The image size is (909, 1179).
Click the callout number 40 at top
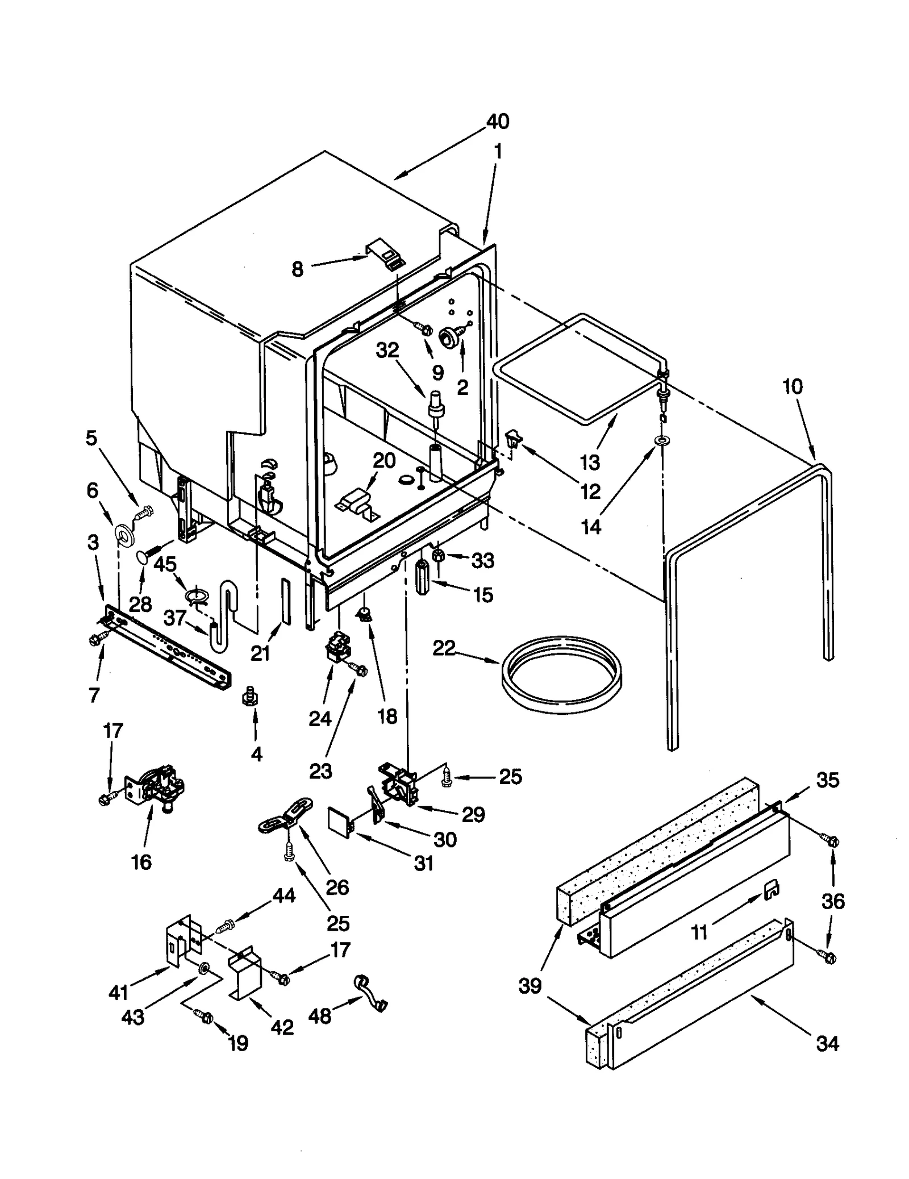[x=498, y=122]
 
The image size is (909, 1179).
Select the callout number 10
[x=792, y=387]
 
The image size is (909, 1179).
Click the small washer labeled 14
[x=661, y=440]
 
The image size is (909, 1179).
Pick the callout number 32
[x=388, y=351]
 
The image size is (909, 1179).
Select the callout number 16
[x=141, y=862]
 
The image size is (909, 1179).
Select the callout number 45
[x=165, y=565]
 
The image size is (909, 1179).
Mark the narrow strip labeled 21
[x=286, y=602]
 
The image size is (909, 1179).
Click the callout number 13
[x=590, y=462]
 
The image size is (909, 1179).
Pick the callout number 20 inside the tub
[x=384, y=460]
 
